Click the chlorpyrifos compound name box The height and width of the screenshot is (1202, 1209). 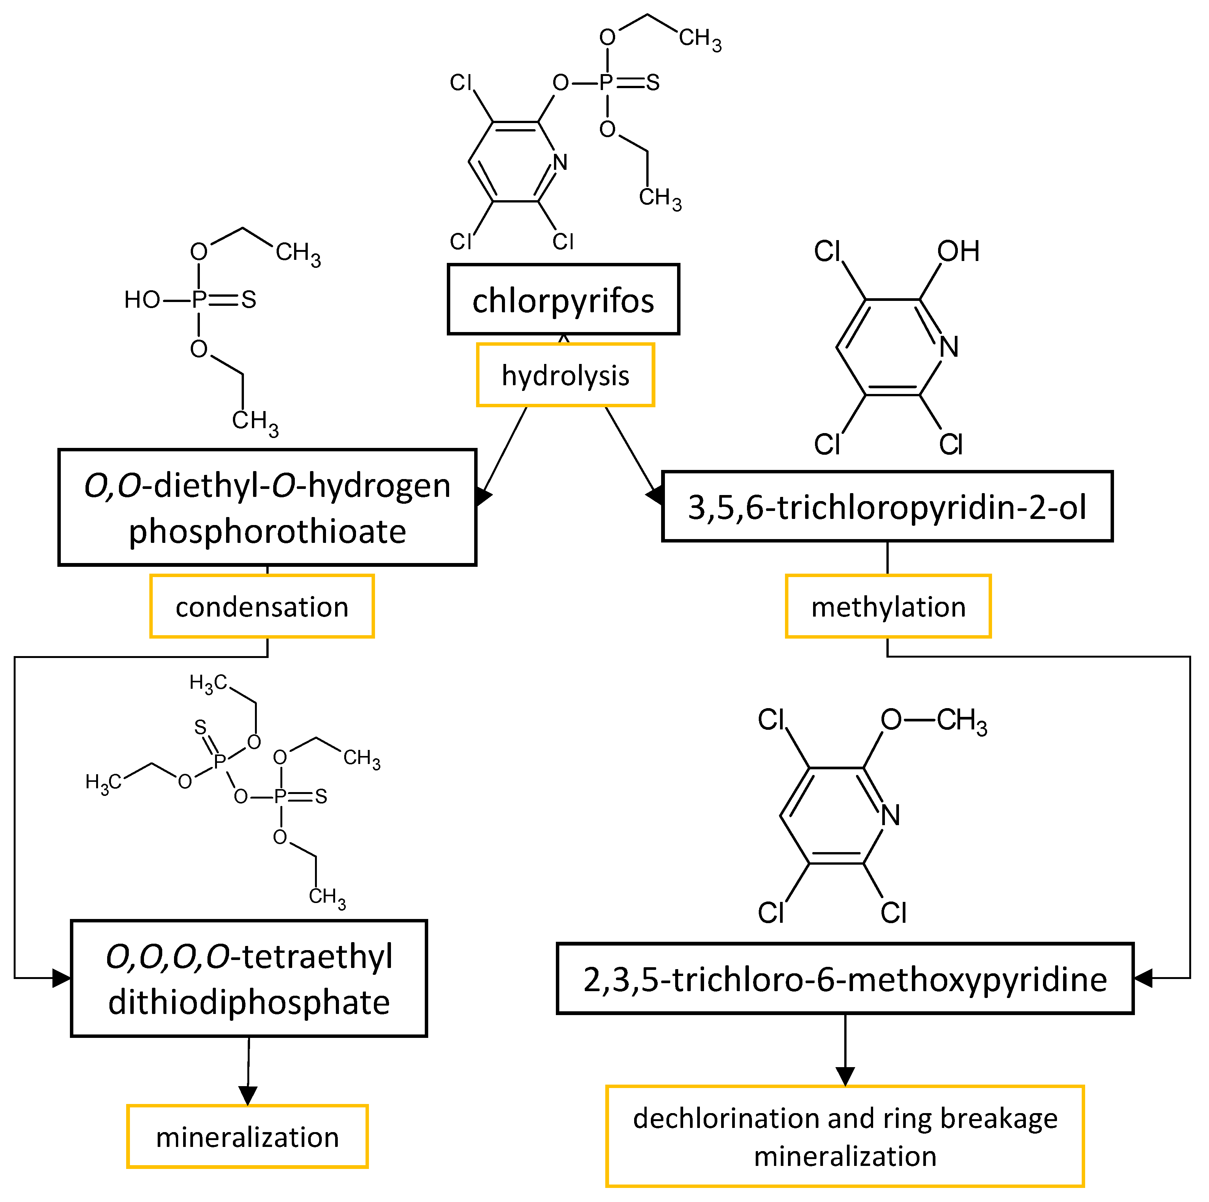(x=563, y=300)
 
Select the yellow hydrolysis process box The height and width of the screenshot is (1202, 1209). (x=565, y=375)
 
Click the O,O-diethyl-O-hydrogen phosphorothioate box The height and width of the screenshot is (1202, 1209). (x=267, y=508)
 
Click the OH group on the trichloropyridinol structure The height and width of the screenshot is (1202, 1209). (x=957, y=251)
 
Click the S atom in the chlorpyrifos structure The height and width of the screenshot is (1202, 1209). (x=653, y=82)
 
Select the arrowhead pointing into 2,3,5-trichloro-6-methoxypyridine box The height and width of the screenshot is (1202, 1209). (x=1143, y=978)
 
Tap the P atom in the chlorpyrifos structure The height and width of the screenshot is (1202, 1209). (x=606, y=82)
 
